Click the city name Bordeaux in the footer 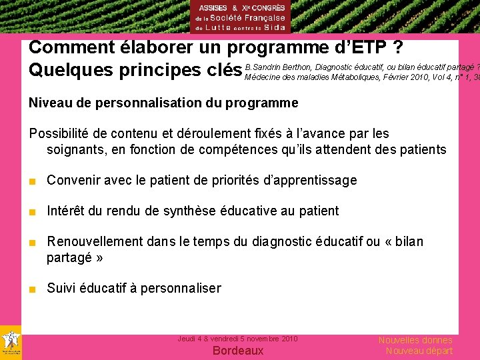[x=238, y=351]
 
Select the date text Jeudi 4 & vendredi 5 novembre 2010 [x=237, y=339]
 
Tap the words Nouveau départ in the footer [x=419, y=351]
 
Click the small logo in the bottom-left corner [x=11, y=342]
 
